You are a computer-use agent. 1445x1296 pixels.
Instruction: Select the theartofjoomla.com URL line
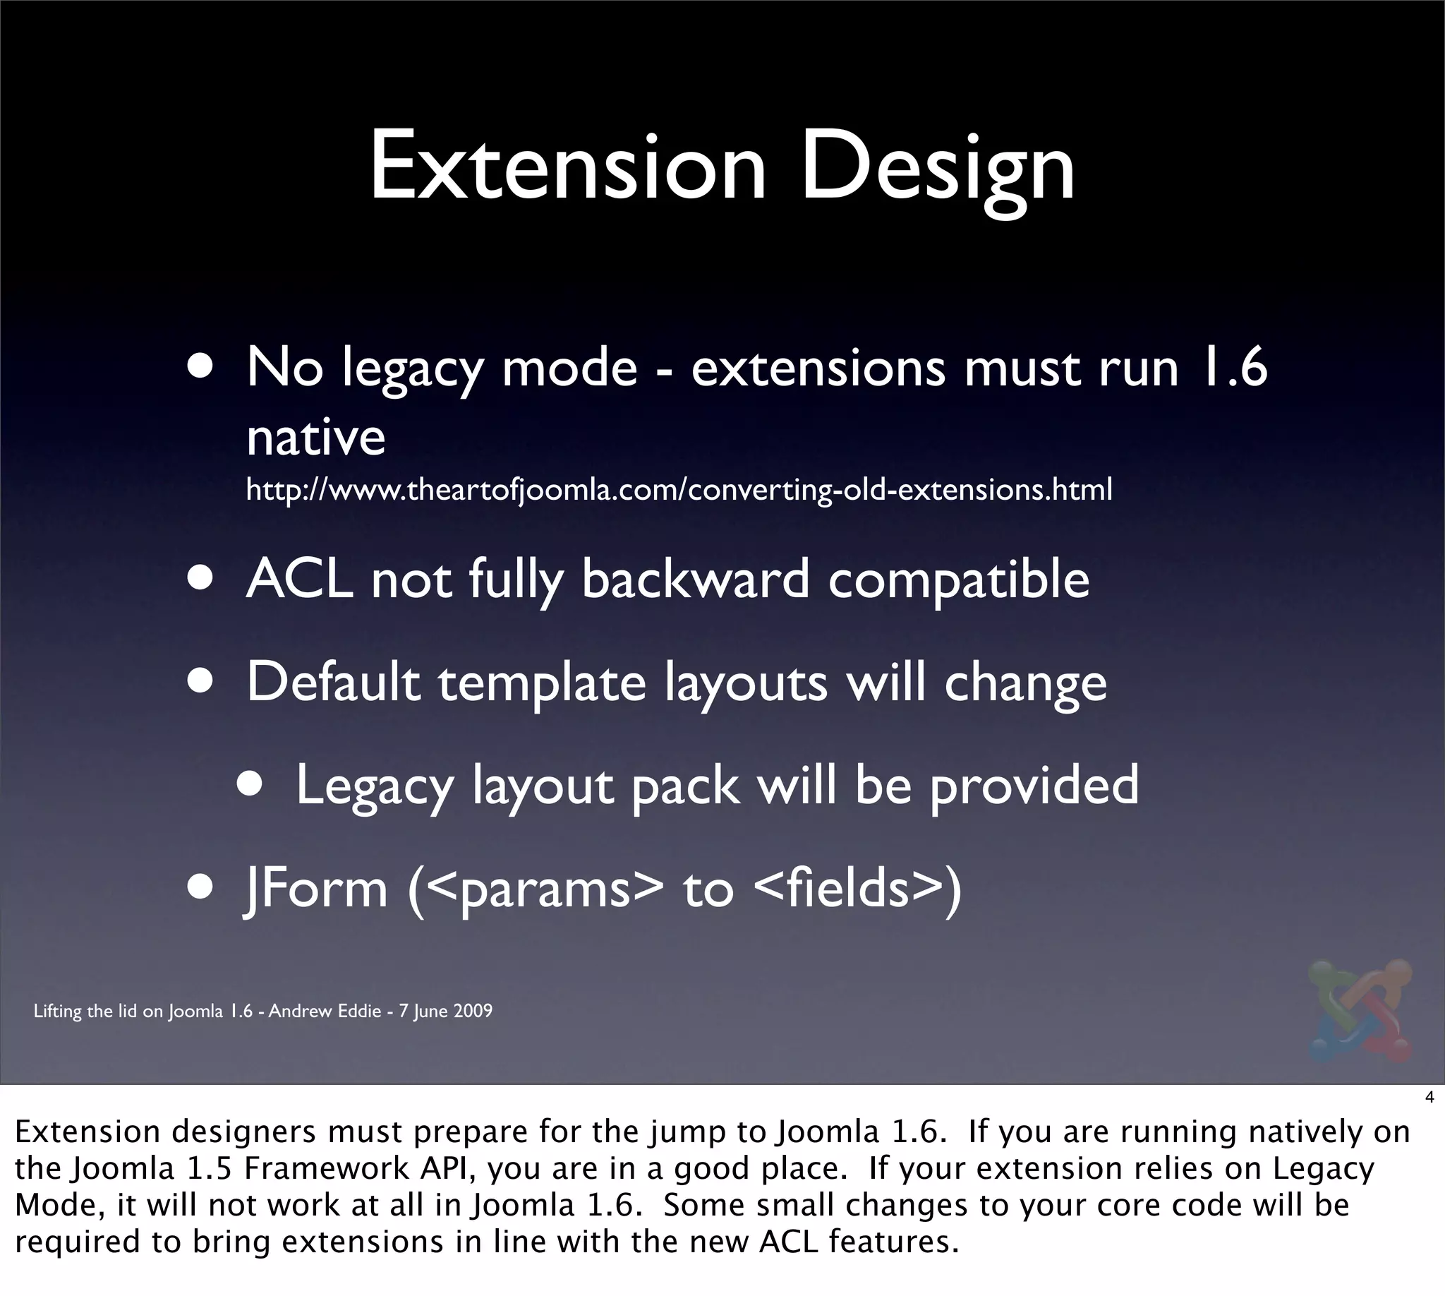[x=678, y=490]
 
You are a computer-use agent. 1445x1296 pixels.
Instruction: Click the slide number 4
[x=1429, y=1098]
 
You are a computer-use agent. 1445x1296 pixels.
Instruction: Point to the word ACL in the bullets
[x=299, y=579]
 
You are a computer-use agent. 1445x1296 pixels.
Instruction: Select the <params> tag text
[x=547, y=890]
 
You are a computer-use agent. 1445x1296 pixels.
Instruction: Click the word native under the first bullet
[x=315, y=437]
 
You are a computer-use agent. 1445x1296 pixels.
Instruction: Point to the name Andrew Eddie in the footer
[x=325, y=1011]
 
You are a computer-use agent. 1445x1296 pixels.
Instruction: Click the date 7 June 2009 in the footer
[x=445, y=1011]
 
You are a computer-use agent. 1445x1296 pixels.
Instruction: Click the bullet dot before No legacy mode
[x=202, y=369]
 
